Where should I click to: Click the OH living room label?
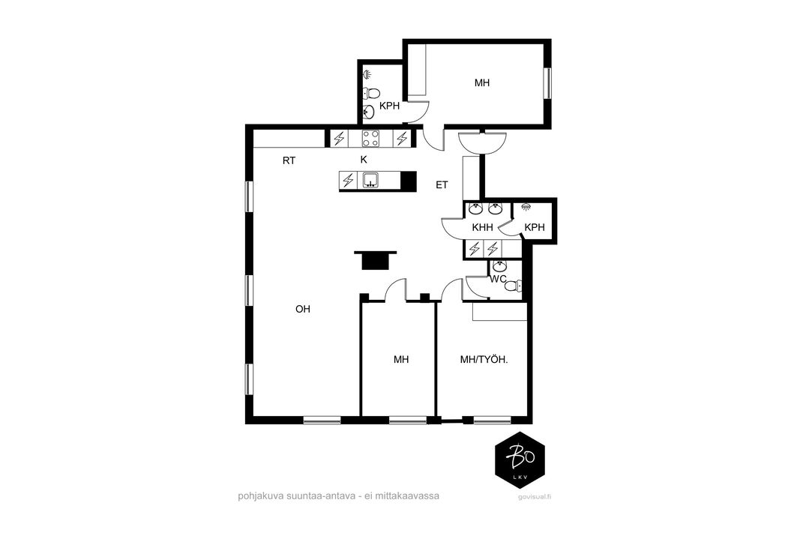(303, 309)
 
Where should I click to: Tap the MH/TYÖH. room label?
(484, 360)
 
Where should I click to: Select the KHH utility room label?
(482, 227)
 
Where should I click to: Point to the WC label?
(498, 279)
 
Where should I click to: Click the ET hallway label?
(442, 185)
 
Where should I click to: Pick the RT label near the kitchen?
(289, 160)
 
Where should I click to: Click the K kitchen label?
(364, 160)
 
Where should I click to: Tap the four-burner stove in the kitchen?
(370, 138)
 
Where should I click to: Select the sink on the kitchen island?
(370, 181)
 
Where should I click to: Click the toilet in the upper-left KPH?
(371, 94)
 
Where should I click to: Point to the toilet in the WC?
(514, 286)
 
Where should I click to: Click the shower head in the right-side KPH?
(526, 207)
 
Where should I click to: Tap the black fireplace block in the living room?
(376, 259)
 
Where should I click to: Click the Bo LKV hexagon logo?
(520, 460)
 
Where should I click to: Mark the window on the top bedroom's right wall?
(548, 82)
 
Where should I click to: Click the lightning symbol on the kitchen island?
(348, 181)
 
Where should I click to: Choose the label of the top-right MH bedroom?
(482, 82)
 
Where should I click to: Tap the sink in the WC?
(499, 265)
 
